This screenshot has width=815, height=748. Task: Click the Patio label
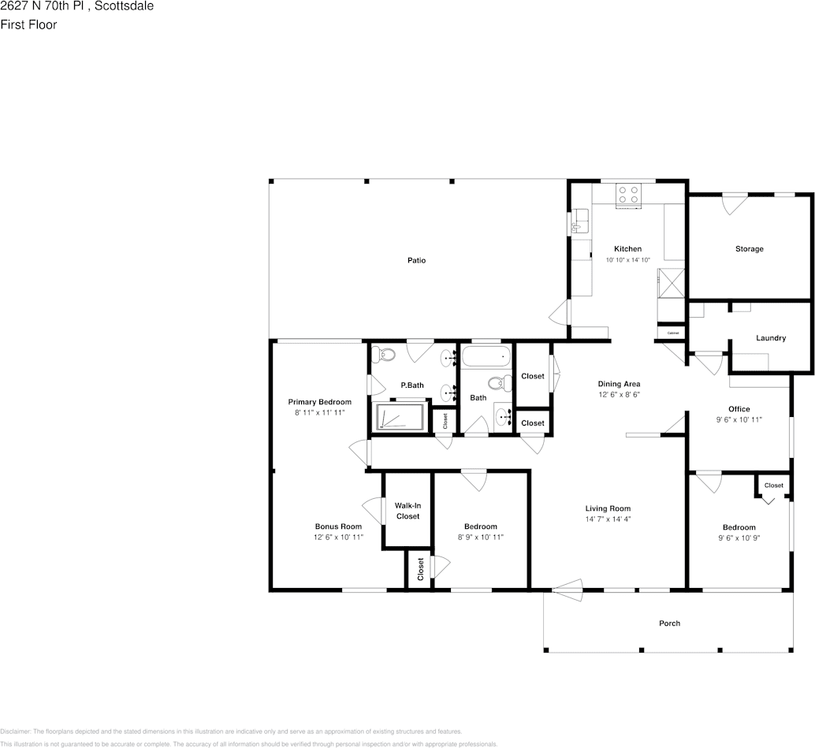tap(416, 260)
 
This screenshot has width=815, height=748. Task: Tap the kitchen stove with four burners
tap(628, 194)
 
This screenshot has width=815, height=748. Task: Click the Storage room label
tap(749, 249)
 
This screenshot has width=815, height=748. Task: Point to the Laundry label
tap(770, 338)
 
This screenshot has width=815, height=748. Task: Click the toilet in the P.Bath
tap(385, 355)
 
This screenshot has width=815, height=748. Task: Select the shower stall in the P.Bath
tap(400, 417)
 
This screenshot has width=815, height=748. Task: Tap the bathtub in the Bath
tap(486, 357)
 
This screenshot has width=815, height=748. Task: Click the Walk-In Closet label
tap(407, 511)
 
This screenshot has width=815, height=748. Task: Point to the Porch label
tap(669, 623)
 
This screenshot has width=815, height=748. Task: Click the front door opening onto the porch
tap(567, 588)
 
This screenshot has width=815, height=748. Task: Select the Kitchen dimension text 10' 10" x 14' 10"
tap(627, 260)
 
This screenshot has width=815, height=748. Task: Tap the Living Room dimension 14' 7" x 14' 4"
tap(607, 519)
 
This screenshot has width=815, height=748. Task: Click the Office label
tap(739, 409)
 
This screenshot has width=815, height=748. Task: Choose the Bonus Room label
tap(338, 527)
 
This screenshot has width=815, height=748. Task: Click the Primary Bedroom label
tap(319, 402)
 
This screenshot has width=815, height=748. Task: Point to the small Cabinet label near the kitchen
tap(672, 333)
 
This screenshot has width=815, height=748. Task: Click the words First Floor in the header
tap(28, 24)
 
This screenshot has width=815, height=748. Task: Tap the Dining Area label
tap(619, 384)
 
